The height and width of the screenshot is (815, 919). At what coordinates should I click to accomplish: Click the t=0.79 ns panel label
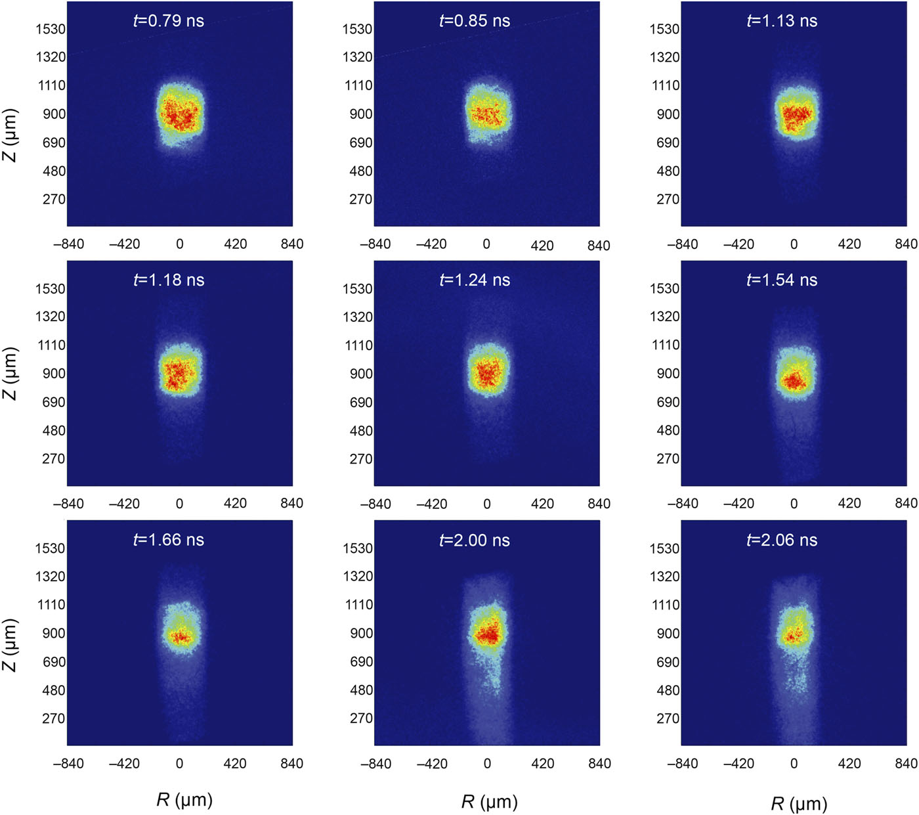coord(169,21)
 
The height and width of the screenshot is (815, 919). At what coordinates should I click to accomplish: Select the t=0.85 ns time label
coord(475,21)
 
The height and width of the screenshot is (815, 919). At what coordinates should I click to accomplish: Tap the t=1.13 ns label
coord(782,21)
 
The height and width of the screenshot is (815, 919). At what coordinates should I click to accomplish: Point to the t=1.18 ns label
coord(169,280)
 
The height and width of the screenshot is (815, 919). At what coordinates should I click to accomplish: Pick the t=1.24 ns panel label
coord(475,280)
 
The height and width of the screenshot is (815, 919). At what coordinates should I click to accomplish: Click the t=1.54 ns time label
coord(782,280)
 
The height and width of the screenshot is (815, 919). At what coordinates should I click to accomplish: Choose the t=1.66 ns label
coord(169,540)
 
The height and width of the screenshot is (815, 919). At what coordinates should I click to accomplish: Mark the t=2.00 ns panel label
coord(475,540)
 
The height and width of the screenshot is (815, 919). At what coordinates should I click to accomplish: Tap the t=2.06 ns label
coord(782,540)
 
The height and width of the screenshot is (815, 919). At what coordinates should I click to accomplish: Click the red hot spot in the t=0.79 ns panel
coord(179,116)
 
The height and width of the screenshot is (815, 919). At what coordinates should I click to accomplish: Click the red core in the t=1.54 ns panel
coord(793,381)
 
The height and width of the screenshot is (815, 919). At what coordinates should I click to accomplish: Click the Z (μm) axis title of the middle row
coord(11,374)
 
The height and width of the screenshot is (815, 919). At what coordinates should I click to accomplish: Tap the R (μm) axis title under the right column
coord(799,803)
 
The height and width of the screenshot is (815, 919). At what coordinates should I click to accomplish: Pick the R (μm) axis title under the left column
coord(184,800)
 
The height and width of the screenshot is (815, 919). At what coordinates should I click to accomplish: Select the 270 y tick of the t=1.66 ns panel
coord(54,718)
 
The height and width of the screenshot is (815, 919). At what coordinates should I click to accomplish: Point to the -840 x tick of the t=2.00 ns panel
coord(377,764)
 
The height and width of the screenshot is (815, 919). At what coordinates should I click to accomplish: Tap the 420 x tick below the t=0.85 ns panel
coord(542,246)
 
